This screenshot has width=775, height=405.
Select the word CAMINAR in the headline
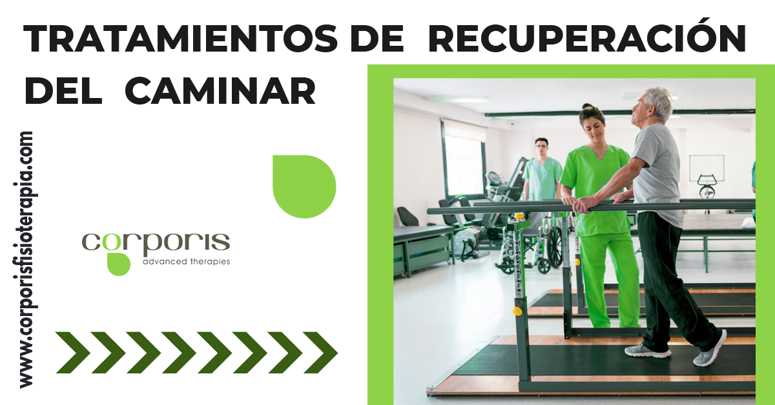(x=220, y=90)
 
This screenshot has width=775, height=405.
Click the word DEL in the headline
(x=63, y=90)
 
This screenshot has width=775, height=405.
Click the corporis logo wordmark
(x=156, y=244)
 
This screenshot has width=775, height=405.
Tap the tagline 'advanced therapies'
(x=187, y=262)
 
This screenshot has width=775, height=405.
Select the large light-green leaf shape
(x=304, y=186)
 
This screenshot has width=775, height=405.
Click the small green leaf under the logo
(x=119, y=264)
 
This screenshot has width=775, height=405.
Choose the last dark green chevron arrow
(x=320, y=353)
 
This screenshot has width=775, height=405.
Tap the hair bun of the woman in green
(x=588, y=107)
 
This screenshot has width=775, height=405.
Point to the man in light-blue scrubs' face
(x=542, y=148)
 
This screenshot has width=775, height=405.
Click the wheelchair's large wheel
(x=555, y=246)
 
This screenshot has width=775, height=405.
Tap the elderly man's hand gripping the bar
(x=583, y=205)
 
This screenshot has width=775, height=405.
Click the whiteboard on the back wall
(x=707, y=168)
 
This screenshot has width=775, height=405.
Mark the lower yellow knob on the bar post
(x=517, y=311)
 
